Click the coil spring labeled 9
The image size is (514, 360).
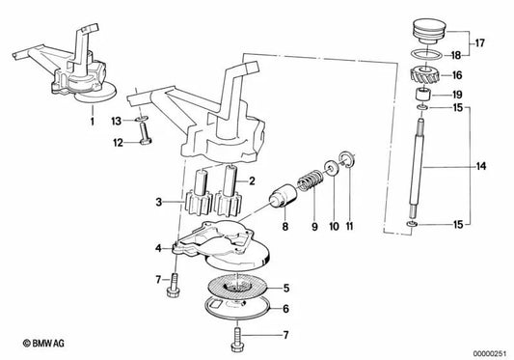coord(310,181)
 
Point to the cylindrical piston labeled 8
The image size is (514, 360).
coord(283,191)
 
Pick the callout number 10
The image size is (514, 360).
coord(334,227)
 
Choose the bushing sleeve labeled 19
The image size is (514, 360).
coord(421,97)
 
